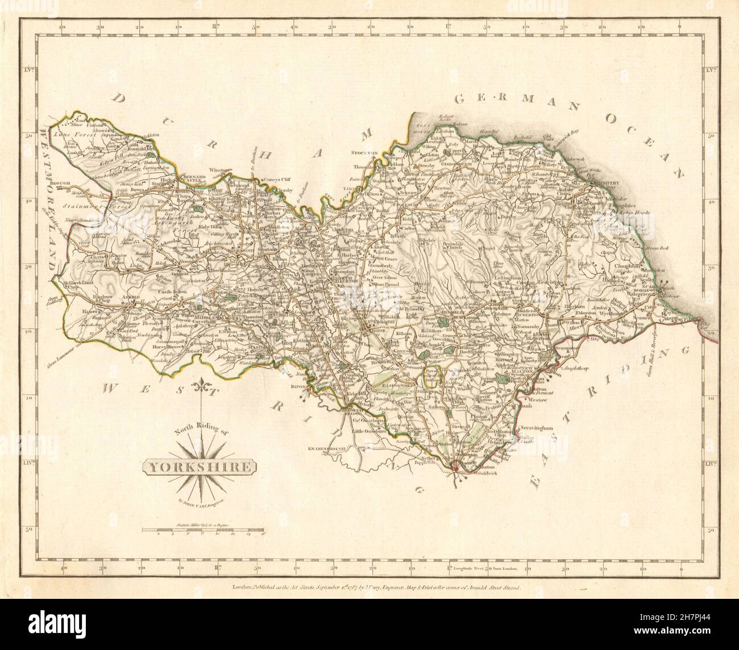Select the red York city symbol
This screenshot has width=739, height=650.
[x=456, y=467]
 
